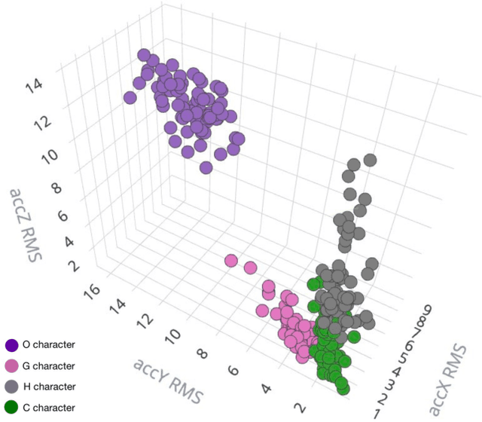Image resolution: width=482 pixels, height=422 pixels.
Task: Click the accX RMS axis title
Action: [x=450, y=379]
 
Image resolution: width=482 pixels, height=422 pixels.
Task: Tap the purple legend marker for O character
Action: [x=11, y=344]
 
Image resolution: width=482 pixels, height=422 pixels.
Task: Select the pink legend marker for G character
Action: [x=11, y=366]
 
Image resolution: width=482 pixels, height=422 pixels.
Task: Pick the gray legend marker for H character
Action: [x=11, y=387]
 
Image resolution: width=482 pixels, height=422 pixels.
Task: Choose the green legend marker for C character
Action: [x=11, y=408]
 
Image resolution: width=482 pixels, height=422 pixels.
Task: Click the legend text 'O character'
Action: [x=48, y=344]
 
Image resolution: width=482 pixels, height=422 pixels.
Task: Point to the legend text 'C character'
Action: [x=48, y=408]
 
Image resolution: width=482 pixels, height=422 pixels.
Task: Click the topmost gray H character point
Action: [x=370, y=160]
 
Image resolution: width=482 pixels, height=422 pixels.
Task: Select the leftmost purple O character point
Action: [x=130, y=97]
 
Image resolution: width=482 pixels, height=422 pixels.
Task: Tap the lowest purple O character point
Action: [x=206, y=167]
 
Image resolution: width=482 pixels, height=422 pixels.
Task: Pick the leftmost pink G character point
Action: [x=232, y=261]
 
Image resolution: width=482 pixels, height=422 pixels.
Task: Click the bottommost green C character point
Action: [x=343, y=388]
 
